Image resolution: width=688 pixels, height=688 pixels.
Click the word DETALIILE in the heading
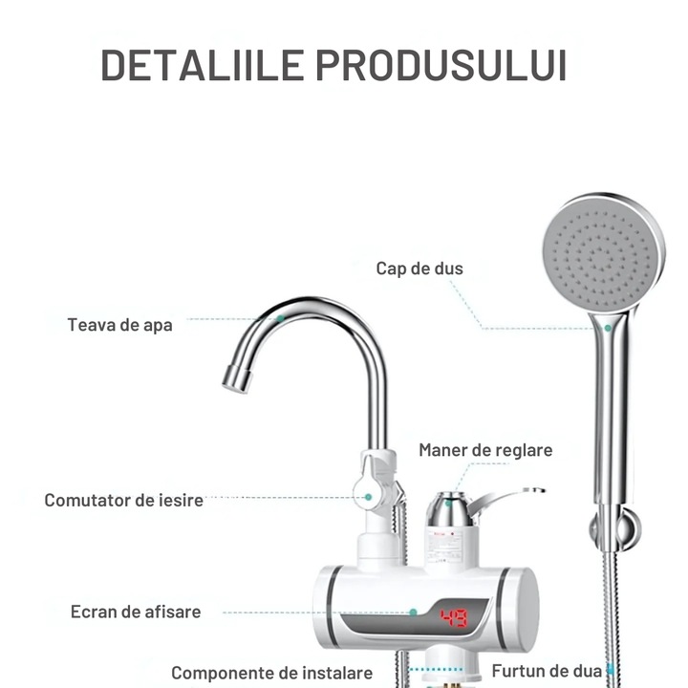[x=203, y=65]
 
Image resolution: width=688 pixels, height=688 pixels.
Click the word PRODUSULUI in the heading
[x=441, y=65]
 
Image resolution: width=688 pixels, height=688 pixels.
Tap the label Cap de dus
[x=419, y=269]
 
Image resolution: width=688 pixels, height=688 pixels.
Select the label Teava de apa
[x=119, y=324]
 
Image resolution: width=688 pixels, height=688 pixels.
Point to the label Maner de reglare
[x=485, y=449]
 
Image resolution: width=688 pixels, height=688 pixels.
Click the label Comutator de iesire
[x=123, y=500]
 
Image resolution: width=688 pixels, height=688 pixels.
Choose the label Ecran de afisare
[x=136, y=611]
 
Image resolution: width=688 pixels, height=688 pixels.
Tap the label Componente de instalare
[x=271, y=673]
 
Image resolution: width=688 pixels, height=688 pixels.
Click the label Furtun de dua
[x=547, y=672]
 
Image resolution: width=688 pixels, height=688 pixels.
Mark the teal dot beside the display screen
[x=414, y=612]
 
